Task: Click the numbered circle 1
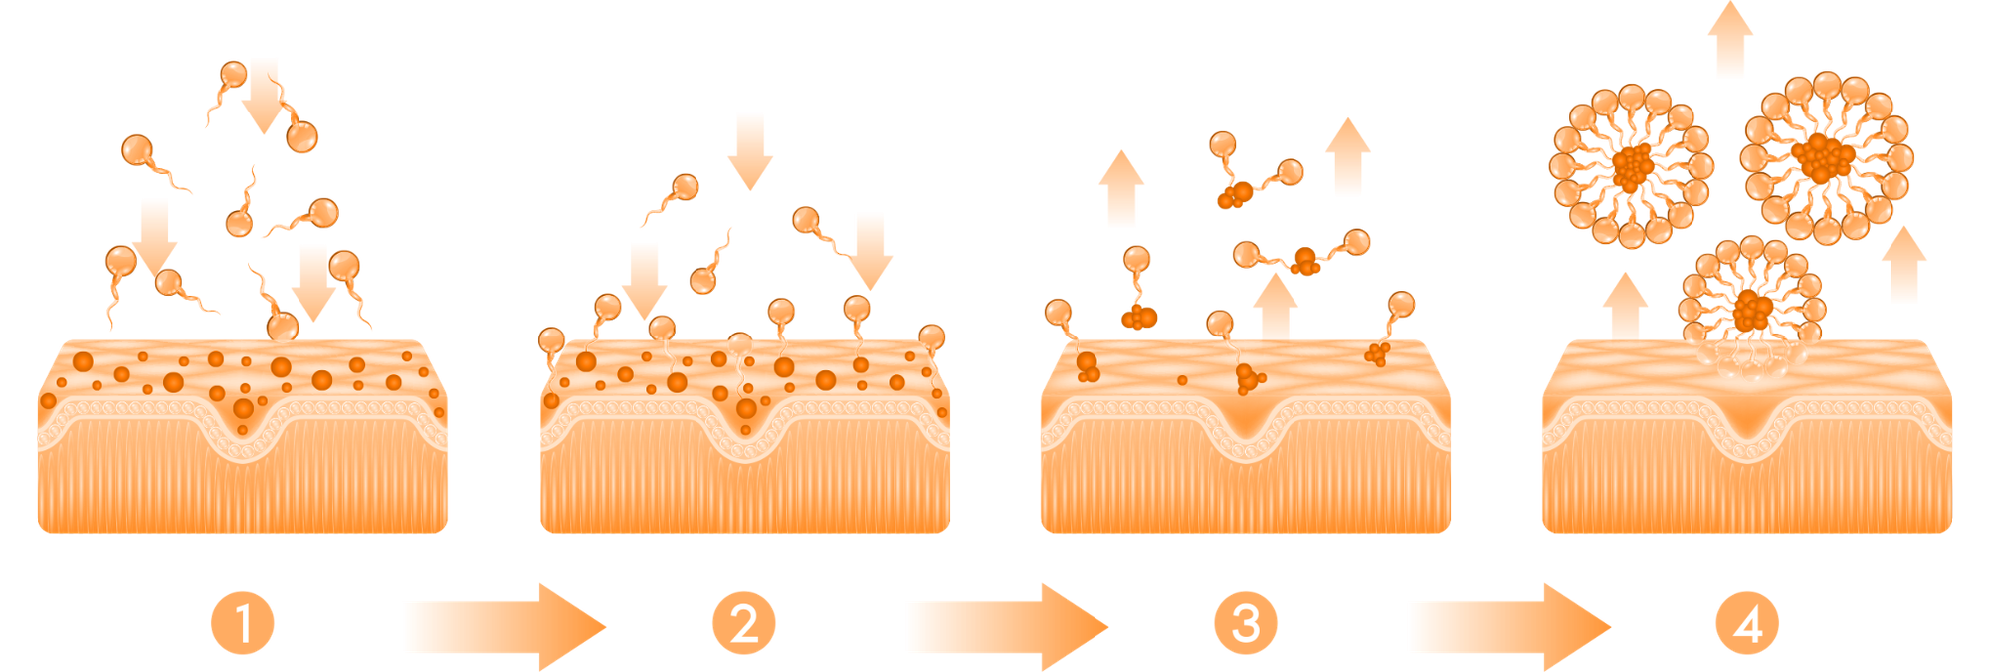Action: (x=243, y=624)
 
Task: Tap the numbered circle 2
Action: (x=744, y=624)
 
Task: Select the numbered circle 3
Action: (x=1246, y=624)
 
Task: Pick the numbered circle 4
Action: (x=1747, y=624)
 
